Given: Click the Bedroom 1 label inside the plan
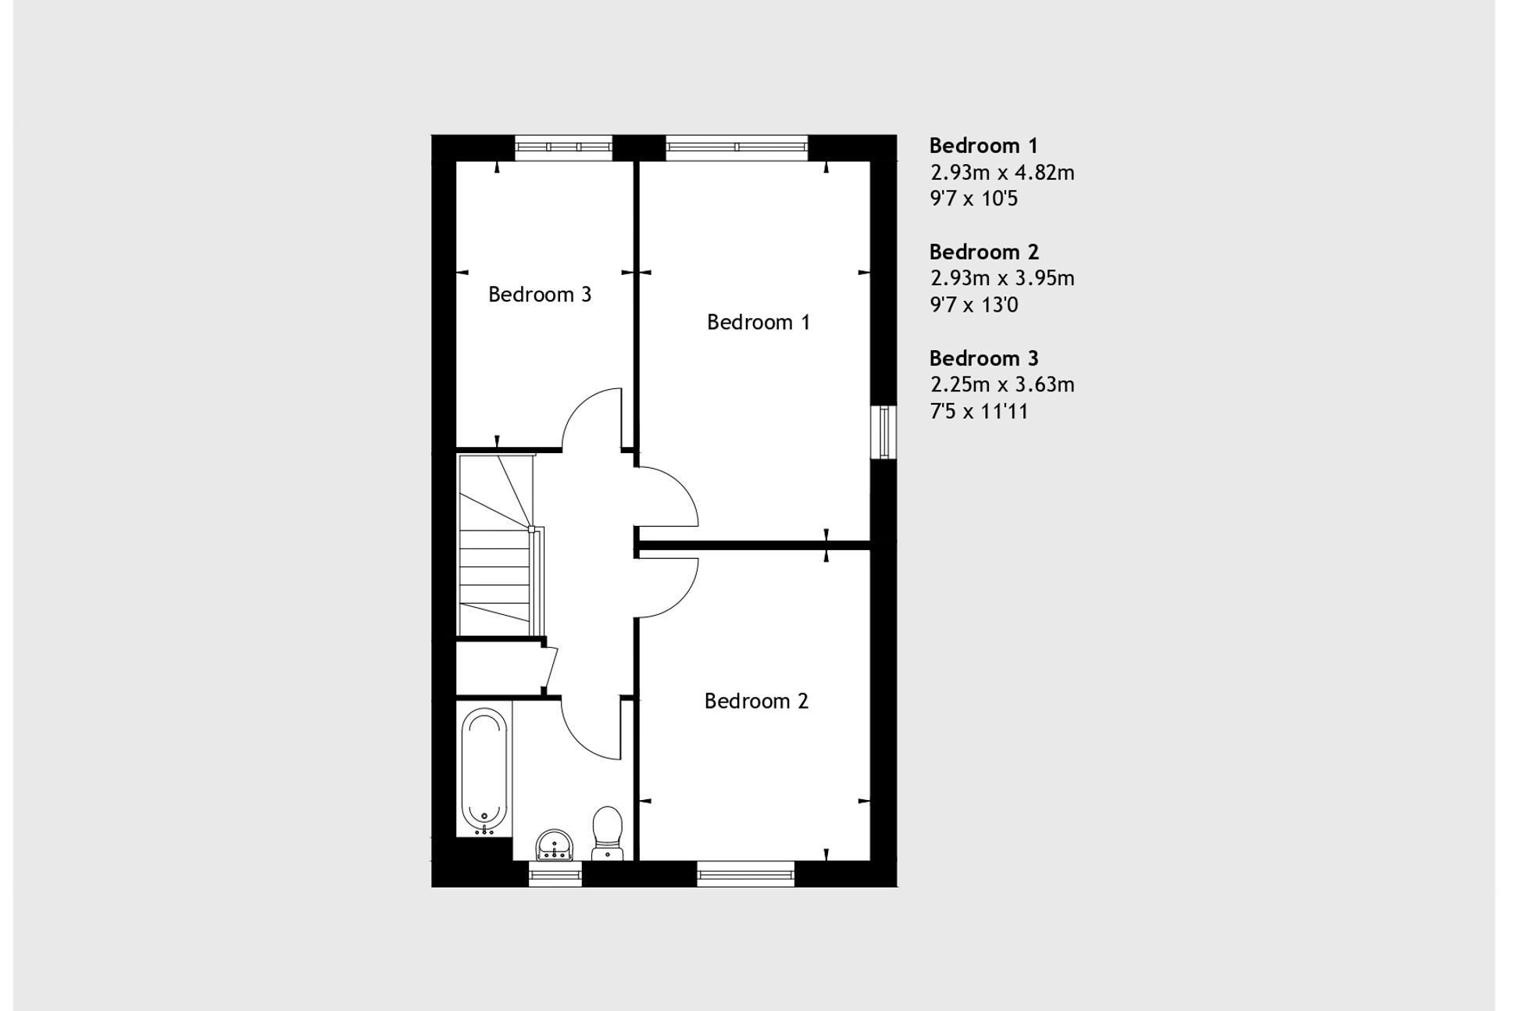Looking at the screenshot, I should [x=758, y=322].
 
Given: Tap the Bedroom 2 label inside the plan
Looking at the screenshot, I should [x=755, y=701].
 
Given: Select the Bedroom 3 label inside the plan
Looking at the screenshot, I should [x=539, y=295].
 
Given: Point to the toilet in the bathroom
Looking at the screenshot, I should [x=607, y=833].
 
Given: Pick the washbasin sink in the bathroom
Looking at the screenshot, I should [x=554, y=845].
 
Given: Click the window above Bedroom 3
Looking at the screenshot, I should [x=563, y=147].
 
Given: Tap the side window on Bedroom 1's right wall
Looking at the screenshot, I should [x=884, y=431].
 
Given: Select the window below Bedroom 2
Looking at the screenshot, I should [x=745, y=874].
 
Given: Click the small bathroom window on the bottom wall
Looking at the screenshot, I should [x=555, y=874].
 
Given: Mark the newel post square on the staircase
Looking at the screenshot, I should [x=532, y=529].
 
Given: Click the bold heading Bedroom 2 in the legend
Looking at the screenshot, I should [x=983, y=252].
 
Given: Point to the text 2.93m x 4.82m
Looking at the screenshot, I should [x=1001, y=173].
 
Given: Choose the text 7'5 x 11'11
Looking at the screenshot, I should [x=978, y=411].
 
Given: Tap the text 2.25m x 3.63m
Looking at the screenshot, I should [x=1001, y=384].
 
